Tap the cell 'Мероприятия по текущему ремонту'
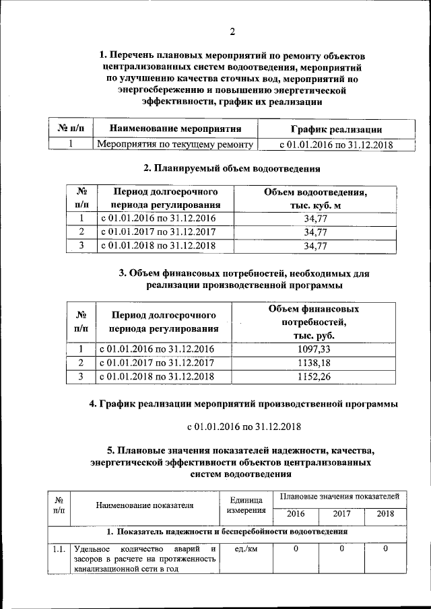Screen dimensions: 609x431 click(175, 144)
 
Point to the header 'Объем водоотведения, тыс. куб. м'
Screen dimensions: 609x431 click(315, 199)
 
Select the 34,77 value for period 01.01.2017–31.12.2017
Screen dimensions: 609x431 click(315, 232)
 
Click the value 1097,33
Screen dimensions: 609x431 click(315, 349)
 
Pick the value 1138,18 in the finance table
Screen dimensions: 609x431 click(315, 363)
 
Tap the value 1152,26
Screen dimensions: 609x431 click(315, 377)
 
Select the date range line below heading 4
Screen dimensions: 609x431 click(243, 427)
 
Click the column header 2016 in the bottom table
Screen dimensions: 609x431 click(296, 515)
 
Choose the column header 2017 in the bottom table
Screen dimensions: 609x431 click(341, 515)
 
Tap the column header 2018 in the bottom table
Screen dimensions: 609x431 click(385, 515)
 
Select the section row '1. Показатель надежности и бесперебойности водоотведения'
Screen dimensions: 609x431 click(228, 532)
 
